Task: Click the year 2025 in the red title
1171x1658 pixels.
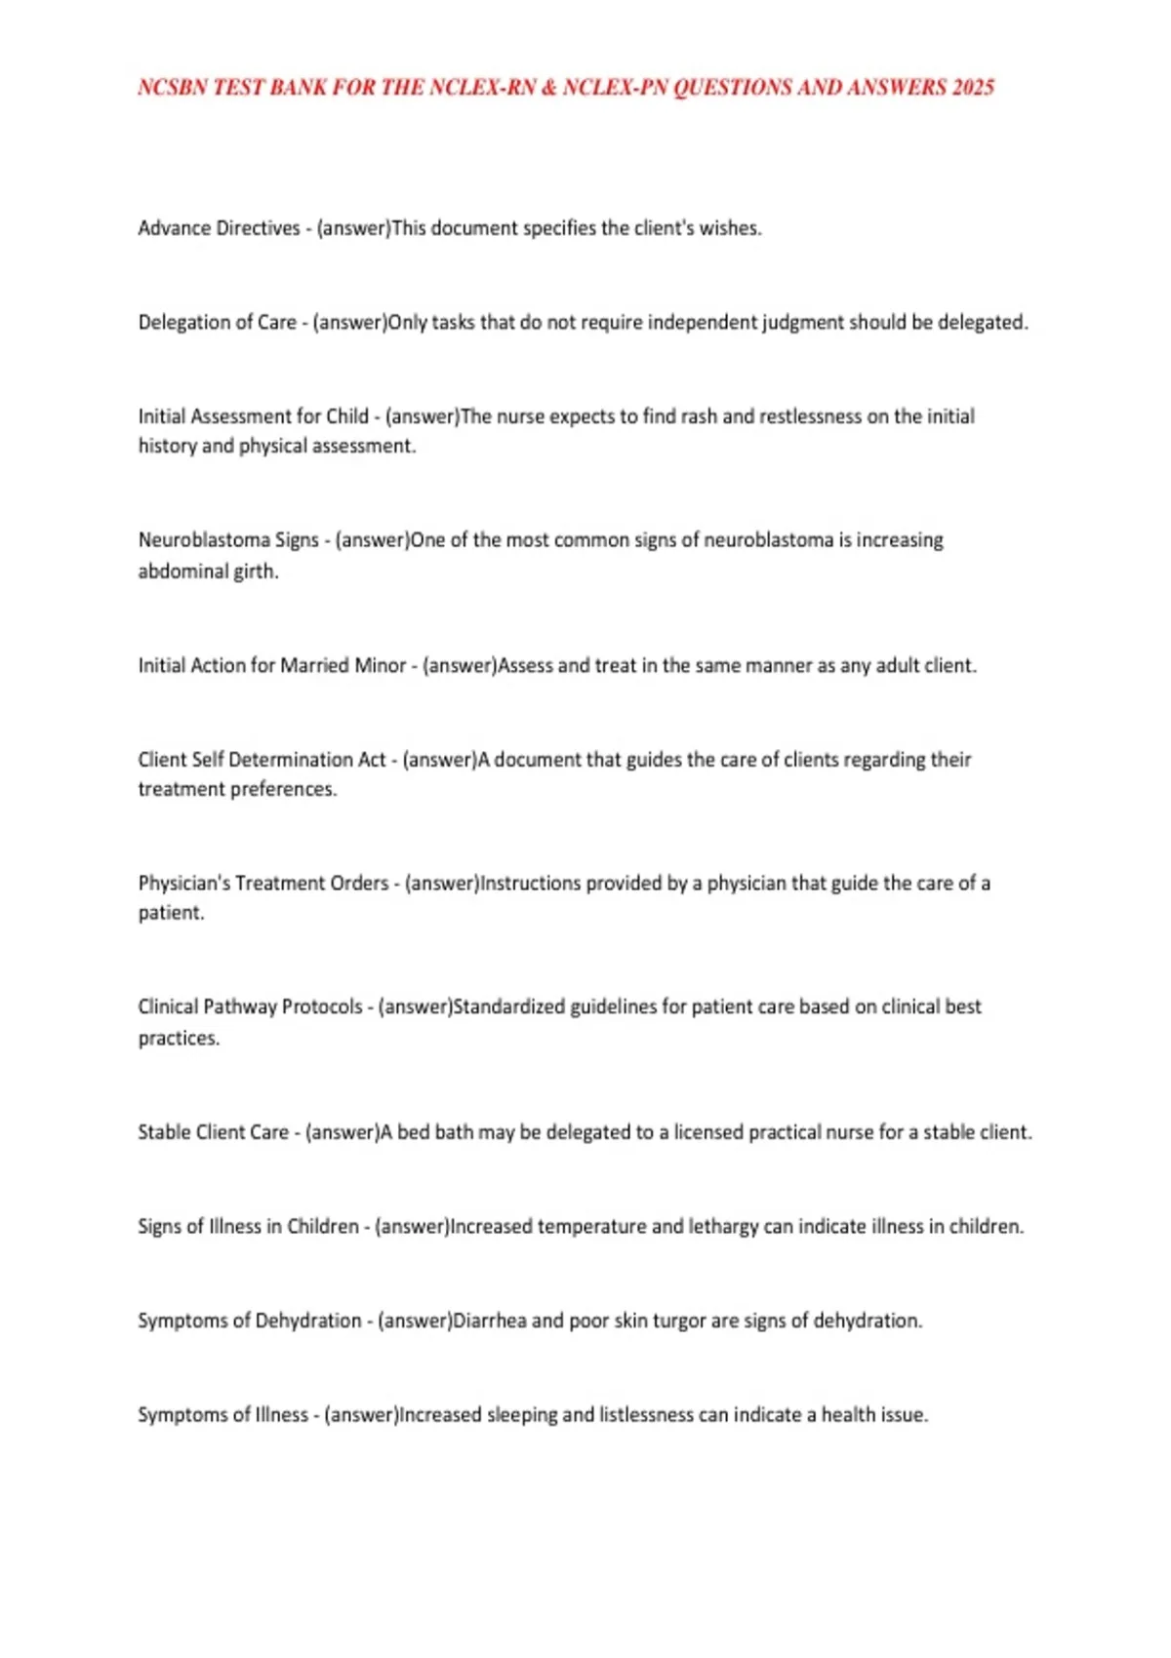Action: tap(973, 88)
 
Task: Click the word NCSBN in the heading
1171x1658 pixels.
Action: tap(173, 88)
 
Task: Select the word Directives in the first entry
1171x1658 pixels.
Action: tap(258, 228)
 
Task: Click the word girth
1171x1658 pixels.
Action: tap(257, 572)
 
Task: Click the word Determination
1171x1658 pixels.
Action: tap(307, 760)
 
